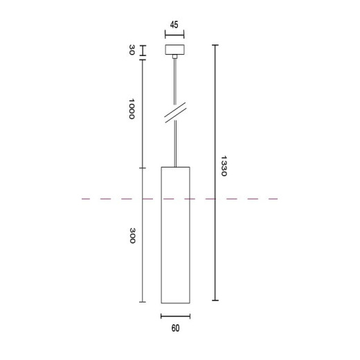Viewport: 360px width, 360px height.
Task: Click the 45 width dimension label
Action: [x=174, y=25]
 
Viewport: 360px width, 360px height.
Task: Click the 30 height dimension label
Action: [x=132, y=51]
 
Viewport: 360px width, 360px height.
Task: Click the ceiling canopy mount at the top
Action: [x=174, y=50]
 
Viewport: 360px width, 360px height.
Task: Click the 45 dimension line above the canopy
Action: [x=174, y=34]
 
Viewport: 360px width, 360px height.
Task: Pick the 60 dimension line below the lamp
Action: [x=175, y=316]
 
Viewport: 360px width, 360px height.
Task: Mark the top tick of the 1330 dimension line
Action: [x=215, y=45]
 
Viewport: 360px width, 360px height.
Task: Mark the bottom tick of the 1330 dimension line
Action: [x=215, y=301]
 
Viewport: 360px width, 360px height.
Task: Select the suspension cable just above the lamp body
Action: [x=175, y=149]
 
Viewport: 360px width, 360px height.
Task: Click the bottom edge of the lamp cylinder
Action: [x=175, y=303]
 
